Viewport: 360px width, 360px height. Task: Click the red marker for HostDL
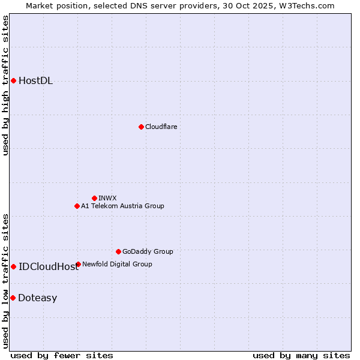[13, 80]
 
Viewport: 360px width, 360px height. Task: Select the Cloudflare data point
[141, 127]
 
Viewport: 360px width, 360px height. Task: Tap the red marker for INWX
[94, 198]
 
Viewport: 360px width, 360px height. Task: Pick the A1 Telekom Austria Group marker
[77, 206]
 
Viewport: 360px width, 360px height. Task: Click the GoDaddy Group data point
[118, 251]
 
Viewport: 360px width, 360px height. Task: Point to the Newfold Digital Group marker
[78, 264]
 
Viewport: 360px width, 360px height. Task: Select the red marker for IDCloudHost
[13, 266]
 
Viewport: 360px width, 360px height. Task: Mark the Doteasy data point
[13, 298]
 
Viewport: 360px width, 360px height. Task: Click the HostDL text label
[35, 81]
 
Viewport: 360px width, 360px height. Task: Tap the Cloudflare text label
[161, 127]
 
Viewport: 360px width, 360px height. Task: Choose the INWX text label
[107, 198]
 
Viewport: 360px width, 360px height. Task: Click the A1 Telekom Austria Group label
[122, 206]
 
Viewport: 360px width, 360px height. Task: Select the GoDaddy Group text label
[148, 251]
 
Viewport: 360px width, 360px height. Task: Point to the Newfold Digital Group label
[117, 264]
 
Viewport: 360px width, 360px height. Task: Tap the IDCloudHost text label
[49, 267]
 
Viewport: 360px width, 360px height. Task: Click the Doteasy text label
[37, 298]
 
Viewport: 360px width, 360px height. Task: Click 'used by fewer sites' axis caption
[62, 355]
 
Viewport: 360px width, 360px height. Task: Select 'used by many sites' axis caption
[301, 355]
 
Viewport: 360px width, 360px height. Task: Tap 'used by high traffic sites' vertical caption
[6, 85]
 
